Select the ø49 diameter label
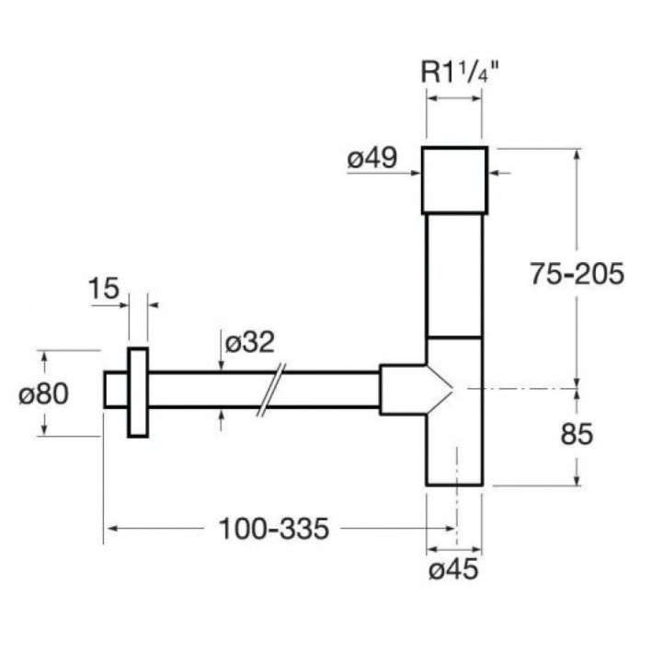371,158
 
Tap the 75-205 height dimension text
577,273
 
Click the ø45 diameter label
453,570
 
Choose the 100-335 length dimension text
272,530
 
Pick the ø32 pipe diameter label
249,342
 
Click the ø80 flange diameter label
44,393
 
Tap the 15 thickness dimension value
104,288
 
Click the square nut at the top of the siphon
454,179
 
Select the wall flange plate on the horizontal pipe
138,393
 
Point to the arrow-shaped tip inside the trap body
442,388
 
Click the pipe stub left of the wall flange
115,389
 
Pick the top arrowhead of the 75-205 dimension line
576,153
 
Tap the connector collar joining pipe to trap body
396,388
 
